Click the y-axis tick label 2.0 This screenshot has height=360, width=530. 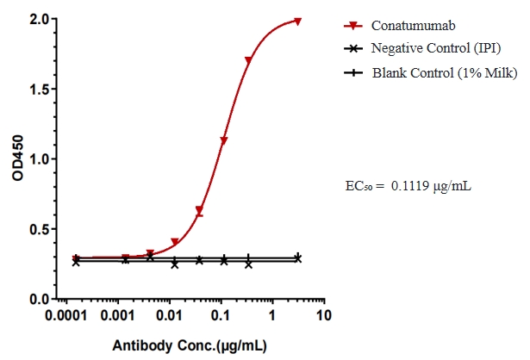point(40,18)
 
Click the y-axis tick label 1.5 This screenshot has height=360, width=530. point(40,89)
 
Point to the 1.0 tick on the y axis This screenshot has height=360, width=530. point(40,158)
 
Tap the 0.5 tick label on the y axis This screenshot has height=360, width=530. point(40,229)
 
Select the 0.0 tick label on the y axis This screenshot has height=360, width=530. point(40,299)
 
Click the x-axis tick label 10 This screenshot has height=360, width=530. point(323,316)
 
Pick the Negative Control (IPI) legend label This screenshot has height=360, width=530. point(436,48)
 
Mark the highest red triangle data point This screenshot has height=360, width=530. point(298,22)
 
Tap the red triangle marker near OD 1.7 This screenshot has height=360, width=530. point(249,61)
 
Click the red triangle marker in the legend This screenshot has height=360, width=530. point(351,25)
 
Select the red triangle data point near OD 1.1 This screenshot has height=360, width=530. point(224,140)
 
